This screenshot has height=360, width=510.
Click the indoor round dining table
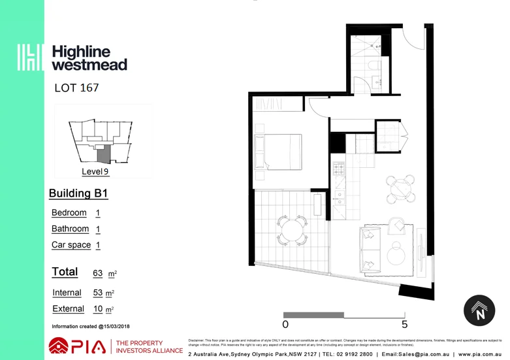pos(400,189)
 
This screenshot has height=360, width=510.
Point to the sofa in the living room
pos(370,249)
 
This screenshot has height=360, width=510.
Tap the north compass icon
pos(479,310)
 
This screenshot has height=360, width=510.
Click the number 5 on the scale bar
pos(404,324)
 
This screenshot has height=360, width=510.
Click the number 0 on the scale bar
pos(285,324)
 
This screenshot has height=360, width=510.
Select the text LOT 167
pos(76,88)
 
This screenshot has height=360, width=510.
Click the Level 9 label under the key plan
pos(95,172)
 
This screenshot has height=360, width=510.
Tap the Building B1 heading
pos(78,193)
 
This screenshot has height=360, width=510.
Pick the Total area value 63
pos(98,273)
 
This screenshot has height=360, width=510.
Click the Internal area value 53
pos(98,293)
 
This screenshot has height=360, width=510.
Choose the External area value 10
pos(98,309)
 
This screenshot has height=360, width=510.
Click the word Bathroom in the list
pos(70,229)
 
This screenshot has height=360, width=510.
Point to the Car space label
pos(71,245)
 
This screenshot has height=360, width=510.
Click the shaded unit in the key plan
pos(103,154)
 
